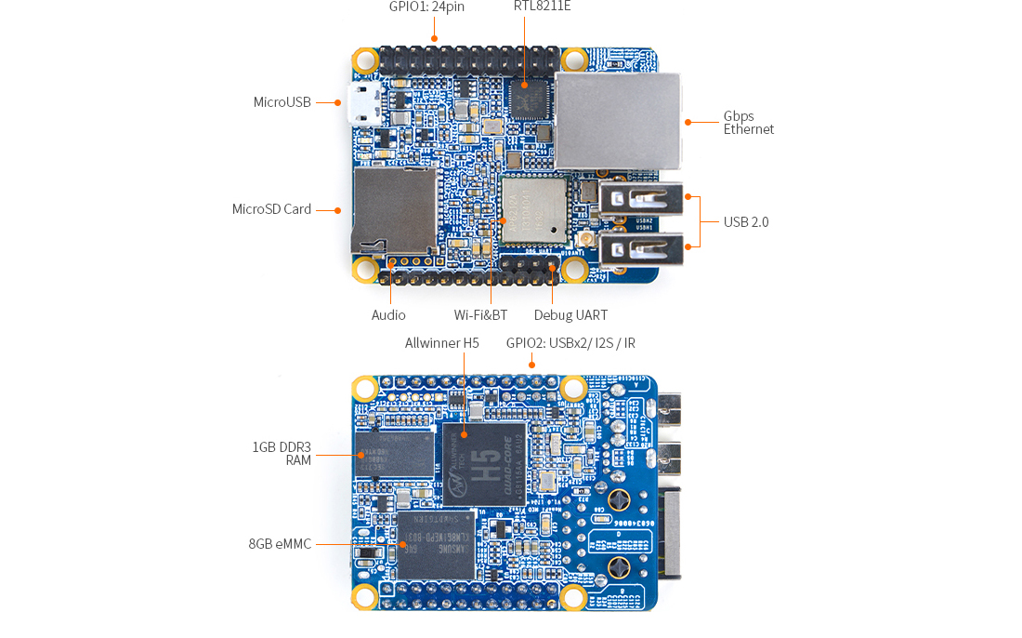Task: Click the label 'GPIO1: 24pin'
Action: (x=426, y=7)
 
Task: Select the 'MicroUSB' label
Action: (x=282, y=102)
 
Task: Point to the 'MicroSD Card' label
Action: (x=271, y=209)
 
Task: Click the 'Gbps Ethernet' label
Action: (x=748, y=123)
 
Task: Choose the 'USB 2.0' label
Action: (x=746, y=222)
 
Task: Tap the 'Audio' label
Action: (x=388, y=315)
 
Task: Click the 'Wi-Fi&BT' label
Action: (x=480, y=315)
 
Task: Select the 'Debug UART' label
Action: (x=570, y=315)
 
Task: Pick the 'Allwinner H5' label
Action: (x=441, y=343)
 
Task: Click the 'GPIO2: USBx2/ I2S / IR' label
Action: (x=570, y=343)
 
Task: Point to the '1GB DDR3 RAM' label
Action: (x=282, y=454)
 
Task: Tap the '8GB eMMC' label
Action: (x=280, y=544)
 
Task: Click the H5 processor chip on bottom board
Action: (x=483, y=462)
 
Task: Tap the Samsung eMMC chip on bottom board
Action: (x=436, y=545)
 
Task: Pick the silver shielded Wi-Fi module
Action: (x=533, y=210)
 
